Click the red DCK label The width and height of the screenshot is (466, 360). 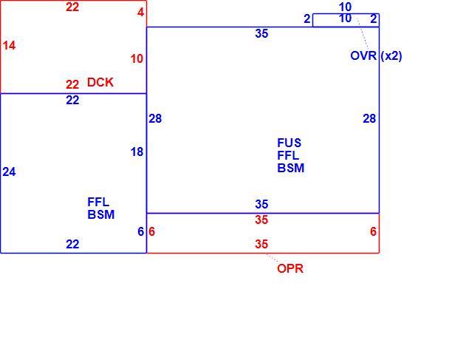pyautogui.click(x=100, y=82)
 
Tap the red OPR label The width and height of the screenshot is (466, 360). pyautogui.click(x=290, y=268)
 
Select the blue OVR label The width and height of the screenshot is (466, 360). pyautogui.click(x=363, y=55)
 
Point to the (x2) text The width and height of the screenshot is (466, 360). pyautogui.click(x=391, y=56)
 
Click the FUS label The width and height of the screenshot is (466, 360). pyautogui.click(x=289, y=143)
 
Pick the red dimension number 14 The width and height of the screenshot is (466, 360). pyautogui.click(x=9, y=46)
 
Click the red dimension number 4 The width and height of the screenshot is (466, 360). pyautogui.click(x=140, y=13)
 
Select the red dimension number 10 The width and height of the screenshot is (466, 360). pyautogui.click(x=137, y=59)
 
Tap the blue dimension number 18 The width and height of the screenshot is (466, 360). pyautogui.click(x=137, y=152)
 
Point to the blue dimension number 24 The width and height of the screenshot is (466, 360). pyautogui.click(x=9, y=172)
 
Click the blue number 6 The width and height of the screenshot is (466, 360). pyautogui.click(x=141, y=232)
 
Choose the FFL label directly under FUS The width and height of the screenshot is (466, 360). pyautogui.click(x=288, y=155)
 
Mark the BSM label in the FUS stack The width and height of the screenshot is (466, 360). pyautogui.click(x=291, y=168)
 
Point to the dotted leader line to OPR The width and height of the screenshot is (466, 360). pyautogui.click(x=272, y=258)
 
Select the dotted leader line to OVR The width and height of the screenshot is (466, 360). pyautogui.click(x=363, y=33)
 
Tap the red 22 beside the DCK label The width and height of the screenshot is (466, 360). pyautogui.click(x=72, y=85)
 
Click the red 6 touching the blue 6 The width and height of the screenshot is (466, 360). pyautogui.click(x=151, y=232)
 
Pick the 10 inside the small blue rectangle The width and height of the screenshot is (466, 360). pyautogui.click(x=345, y=18)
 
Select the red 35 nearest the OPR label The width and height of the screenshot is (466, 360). pyautogui.click(x=261, y=244)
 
